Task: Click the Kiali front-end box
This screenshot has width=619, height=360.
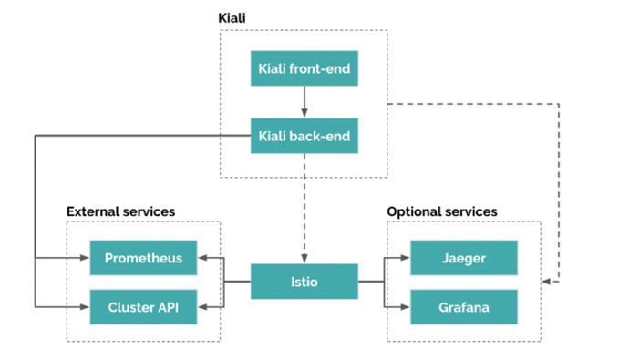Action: click(304, 67)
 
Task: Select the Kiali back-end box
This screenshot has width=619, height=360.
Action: click(304, 137)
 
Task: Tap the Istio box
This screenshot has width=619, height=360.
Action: click(304, 282)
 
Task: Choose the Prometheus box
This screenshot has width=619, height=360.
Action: click(143, 258)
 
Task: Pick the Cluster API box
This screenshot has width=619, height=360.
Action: click(143, 307)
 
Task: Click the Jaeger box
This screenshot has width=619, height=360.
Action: click(463, 258)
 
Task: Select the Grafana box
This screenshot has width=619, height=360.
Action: click(463, 307)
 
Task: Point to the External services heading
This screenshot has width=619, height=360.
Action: click(120, 211)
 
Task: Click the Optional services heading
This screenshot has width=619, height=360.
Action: click(442, 211)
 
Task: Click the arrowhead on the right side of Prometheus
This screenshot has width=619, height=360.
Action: click(203, 258)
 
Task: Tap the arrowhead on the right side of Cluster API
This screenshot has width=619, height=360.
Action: click(203, 307)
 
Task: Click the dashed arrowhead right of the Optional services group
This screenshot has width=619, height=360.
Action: click(547, 282)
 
